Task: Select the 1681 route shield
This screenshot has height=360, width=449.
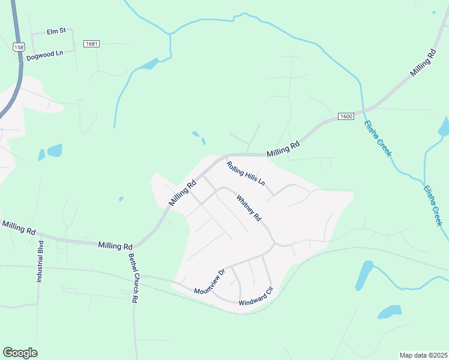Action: coord(91,44)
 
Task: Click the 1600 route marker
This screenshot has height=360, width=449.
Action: coord(345,116)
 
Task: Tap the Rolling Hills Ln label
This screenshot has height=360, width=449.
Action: coord(245,173)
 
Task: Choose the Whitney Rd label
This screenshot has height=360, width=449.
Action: coord(249,208)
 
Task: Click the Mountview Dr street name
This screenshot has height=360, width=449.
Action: coord(209,282)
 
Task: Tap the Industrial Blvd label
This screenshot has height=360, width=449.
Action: coord(40,262)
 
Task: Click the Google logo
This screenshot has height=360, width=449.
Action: coord(20,353)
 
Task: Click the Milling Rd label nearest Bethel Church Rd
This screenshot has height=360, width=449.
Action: coord(115,246)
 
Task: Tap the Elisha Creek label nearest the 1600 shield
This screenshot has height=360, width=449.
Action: coord(378,139)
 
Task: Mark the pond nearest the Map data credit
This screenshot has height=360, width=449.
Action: coord(389,312)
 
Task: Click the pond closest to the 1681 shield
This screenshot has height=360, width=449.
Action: coord(147,64)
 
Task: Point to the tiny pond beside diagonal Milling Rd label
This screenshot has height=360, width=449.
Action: coord(121,199)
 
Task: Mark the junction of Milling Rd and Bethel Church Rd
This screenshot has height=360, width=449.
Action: coord(134,247)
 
